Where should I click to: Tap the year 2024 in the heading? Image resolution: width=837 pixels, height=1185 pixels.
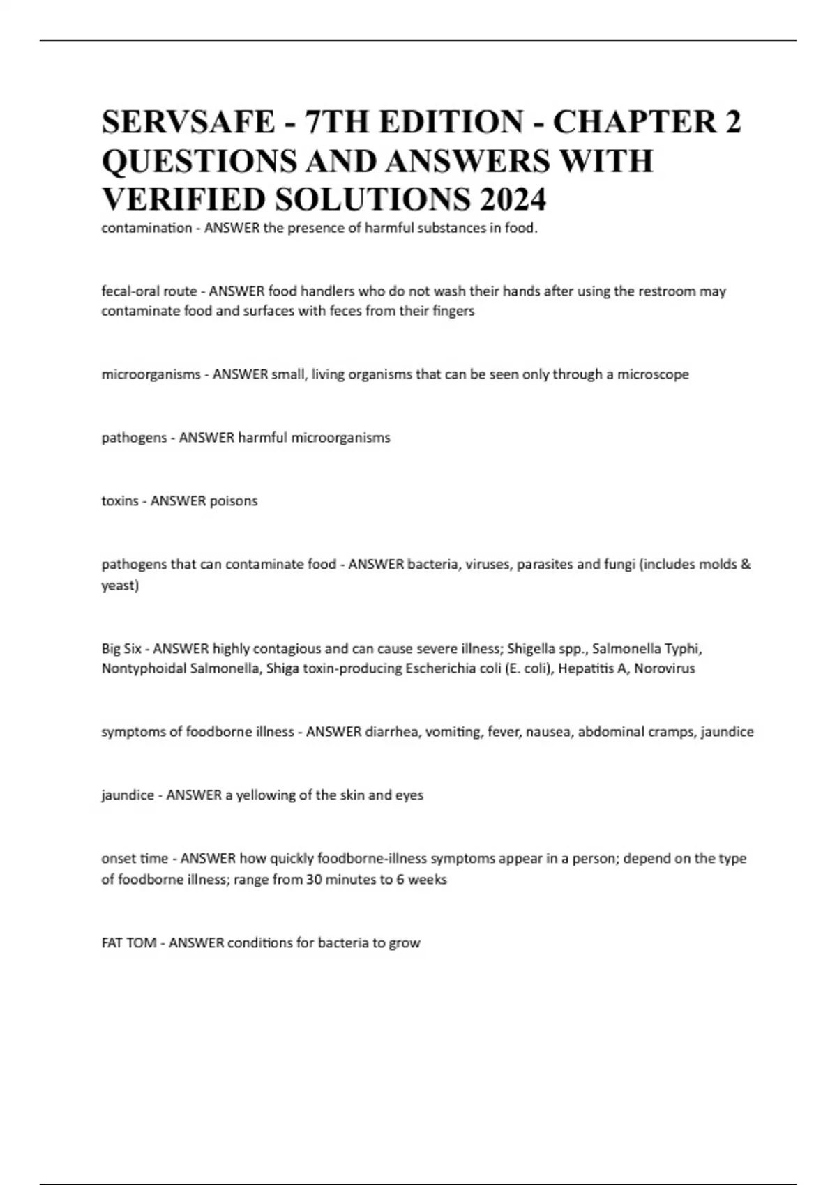point(513,199)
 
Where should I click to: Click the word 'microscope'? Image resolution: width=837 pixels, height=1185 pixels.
point(653,374)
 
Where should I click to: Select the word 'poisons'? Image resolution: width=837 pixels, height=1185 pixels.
point(231,501)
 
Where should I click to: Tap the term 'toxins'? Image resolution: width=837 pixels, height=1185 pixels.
point(119,501)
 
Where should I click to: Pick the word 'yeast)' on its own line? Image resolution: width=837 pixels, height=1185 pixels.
point(120,586)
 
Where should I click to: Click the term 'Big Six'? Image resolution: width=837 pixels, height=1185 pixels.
point(121,649)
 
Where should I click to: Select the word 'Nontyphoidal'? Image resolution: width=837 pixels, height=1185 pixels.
point(143,669)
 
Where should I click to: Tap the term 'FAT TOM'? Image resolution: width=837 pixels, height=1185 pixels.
point(128,943)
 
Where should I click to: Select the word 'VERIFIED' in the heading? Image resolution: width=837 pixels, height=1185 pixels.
point(182,199)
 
